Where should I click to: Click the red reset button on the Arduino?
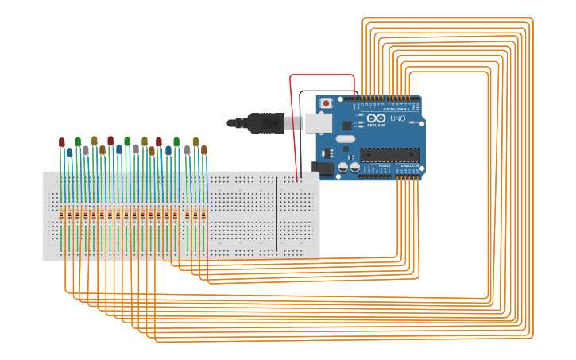point(326,103)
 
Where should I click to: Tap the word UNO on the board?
point(397,119)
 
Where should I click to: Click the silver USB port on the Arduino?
point(318,122)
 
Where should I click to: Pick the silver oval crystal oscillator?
point(346,138)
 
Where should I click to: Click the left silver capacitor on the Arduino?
point(343,167)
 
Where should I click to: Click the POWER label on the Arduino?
point(385,165)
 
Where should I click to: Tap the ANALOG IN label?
point(408,165)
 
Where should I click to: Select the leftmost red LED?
point(62,142)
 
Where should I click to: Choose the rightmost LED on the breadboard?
point(204,149)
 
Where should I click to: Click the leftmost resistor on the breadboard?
point(62,215)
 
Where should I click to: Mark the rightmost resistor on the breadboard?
point(204,215)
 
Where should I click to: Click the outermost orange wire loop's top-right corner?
point(532,20)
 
